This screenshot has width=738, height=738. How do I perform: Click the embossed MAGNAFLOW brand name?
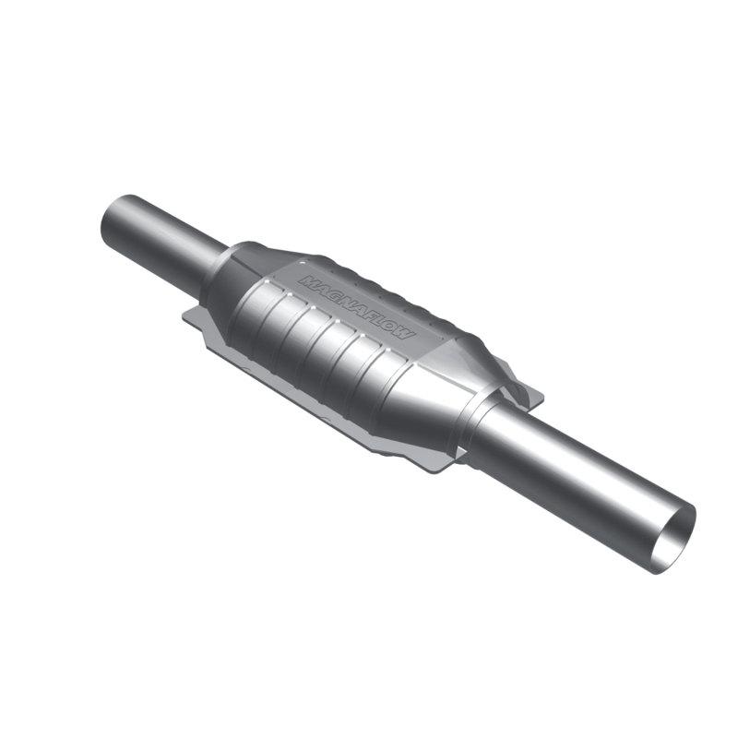tap(357, 304)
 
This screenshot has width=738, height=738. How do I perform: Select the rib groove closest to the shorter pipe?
tap(268, 314)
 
